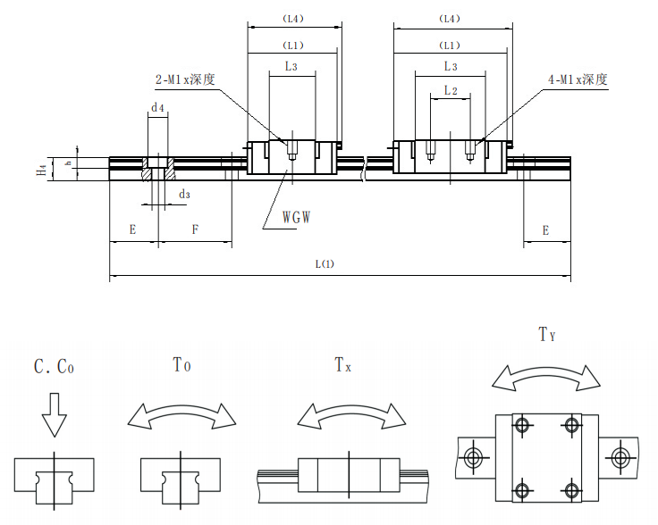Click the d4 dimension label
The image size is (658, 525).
[157, 108]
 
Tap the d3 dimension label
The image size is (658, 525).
[184, 194]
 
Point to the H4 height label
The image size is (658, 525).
[41, 169]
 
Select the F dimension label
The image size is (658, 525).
[195, 230]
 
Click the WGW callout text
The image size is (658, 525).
[297, 217]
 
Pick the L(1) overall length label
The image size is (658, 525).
[324, 263]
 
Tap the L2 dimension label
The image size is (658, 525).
[451, 91]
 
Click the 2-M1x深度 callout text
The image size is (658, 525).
[185, 79]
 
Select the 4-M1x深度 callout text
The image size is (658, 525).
[578, 79]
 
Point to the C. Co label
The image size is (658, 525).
[55, 366]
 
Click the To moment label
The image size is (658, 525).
[181, 364]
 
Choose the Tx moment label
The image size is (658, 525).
[342, 364]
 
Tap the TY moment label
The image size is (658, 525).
[547, 335]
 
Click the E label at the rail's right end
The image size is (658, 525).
[545, 230]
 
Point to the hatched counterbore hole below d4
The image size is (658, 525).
[157, 170]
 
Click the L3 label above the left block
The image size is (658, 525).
[291, 66]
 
